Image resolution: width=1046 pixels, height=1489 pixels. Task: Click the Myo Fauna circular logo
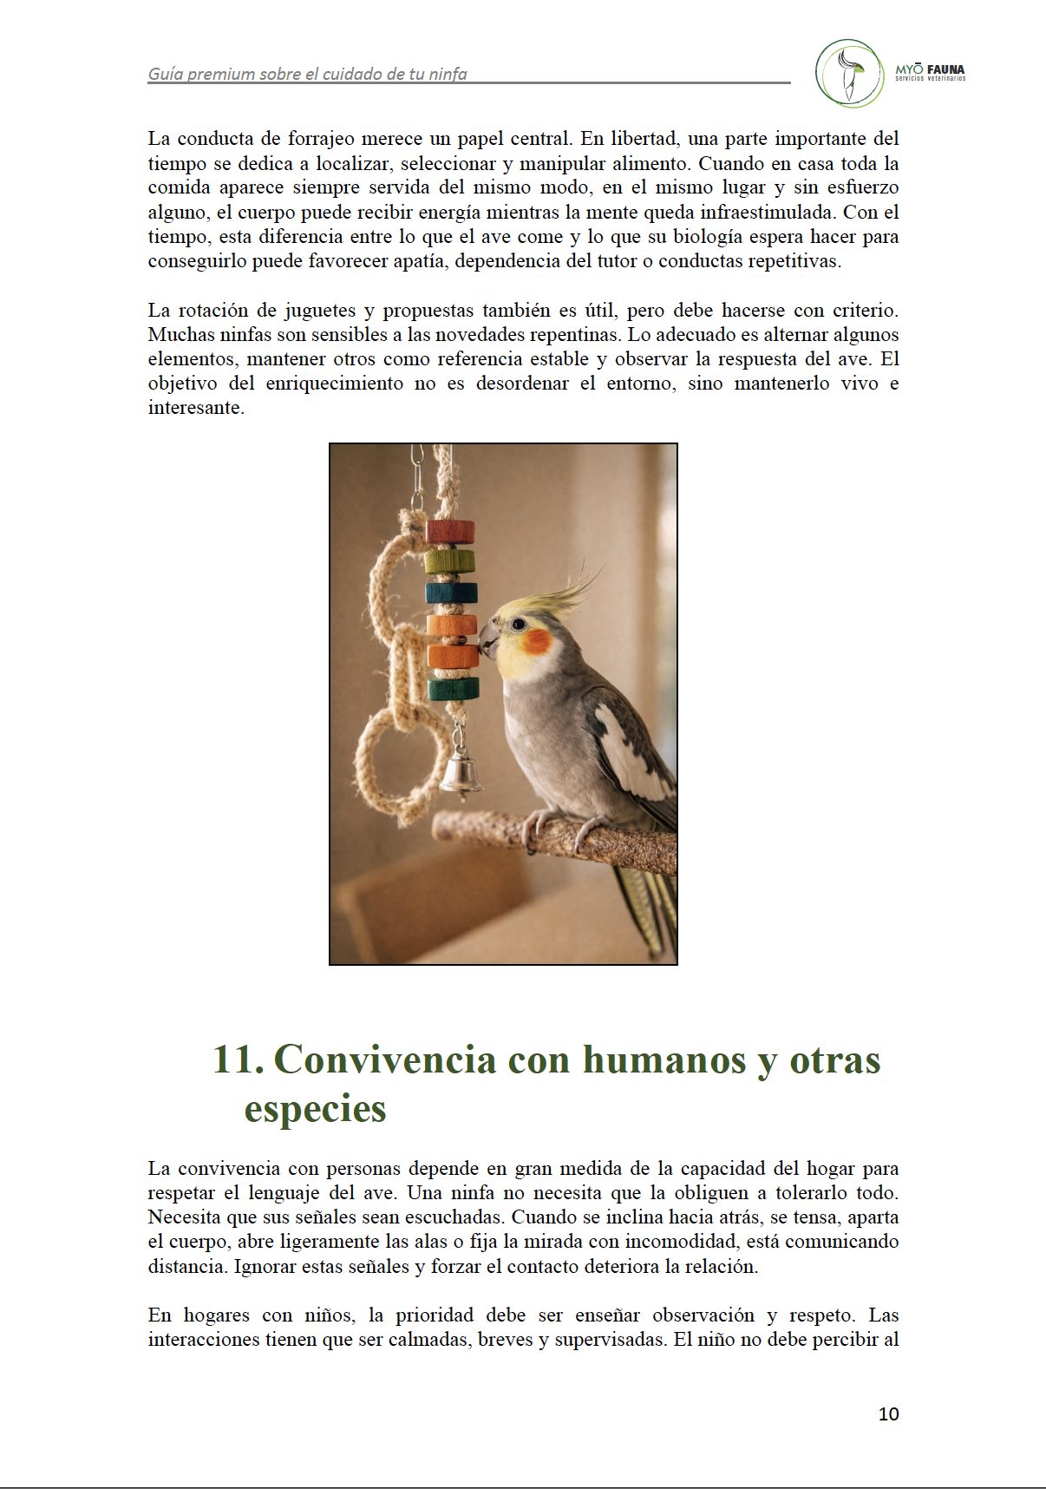pyautogui.click(x=849, y=73)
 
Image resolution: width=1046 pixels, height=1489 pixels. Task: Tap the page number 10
pyautogui.click(x=888, y=1414)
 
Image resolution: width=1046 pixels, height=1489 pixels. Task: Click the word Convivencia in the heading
pyautogui.click(x=384, y=1059)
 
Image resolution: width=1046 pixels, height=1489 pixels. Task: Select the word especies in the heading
pyautogui.click(x=315, y=1108)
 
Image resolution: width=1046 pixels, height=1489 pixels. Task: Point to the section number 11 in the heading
pyautogui.click(x=237, y=1059)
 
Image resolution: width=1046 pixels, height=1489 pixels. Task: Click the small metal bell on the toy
pyautogui.click(x=461, y=772)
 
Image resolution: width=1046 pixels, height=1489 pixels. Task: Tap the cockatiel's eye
pyautogui.click(x=518, y=624)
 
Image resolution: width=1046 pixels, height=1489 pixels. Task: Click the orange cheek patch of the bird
pyautogui.click(x=537, y=643)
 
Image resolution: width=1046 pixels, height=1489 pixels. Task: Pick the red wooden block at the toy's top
pyautogui.click(x=450, y=531)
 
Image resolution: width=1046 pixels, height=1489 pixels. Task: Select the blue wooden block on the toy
pyautogui.click(x=451, y=594)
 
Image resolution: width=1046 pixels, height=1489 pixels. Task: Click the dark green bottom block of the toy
pyautogui.click(x=453, y=690)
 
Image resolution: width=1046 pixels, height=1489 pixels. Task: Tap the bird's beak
pyautogui.click(x=489, y=639)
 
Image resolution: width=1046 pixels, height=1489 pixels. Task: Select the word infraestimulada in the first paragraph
pyautogui.click(x=753, y=212)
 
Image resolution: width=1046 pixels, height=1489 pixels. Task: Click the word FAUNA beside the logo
pyautogui.click(x=945, y=69)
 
